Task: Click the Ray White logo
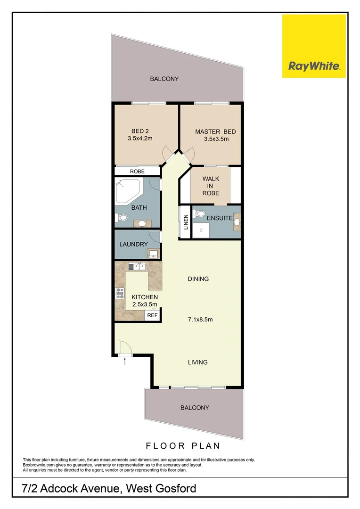tap(314, 46)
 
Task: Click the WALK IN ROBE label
tap(210, 186)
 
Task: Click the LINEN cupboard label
tap(186, 222)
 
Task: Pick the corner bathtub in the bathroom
tap(129, 190)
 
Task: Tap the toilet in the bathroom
tap(122, 217)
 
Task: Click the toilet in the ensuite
tap(201, 213)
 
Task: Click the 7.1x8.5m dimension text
tap(198, 320)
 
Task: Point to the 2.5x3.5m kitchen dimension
tap(144, 305)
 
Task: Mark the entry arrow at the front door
tap(124, 362)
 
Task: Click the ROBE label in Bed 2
tap(137, 172)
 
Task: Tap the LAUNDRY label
tap(134, 244)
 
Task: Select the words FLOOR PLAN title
tap(183, 445)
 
